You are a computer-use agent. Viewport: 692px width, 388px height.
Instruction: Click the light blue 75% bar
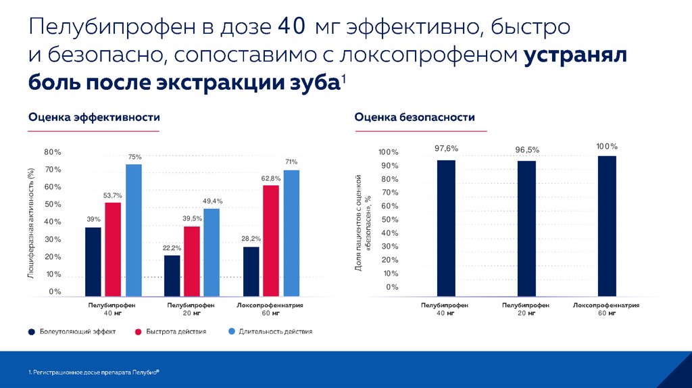pyautogui.click(x=134, y=230)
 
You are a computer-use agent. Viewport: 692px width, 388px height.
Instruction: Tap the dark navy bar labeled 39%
pyautogui.click(x=93, y=262)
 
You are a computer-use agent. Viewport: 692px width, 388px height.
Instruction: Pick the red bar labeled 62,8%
pyautogui.click(x=271, y=240)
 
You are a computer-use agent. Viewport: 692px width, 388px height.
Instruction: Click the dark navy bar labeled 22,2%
pyautogui.click(x=172, y=275)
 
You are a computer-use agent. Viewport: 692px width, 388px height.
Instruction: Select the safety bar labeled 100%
pyautogui.click(x=607, y=226)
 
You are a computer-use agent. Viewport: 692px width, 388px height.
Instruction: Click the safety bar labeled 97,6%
pyautogui.click(x=446, y=228)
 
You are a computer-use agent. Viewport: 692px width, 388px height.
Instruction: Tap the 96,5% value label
pyautogui.click(x=527, y=149)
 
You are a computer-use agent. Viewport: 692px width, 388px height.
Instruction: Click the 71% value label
pyautogui.click(x=291, y=162)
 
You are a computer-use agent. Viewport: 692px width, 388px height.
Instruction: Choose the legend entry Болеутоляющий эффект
pyautogui.click(x=72, y=332)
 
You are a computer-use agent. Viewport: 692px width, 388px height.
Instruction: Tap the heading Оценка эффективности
pyautogui.click(x=94, y=118)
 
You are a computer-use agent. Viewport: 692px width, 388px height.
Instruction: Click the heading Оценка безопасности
pyautogui.click(x=414, y=118)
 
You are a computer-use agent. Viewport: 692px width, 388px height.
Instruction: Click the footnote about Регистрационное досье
pyautogui.click(x=94, y=372)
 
